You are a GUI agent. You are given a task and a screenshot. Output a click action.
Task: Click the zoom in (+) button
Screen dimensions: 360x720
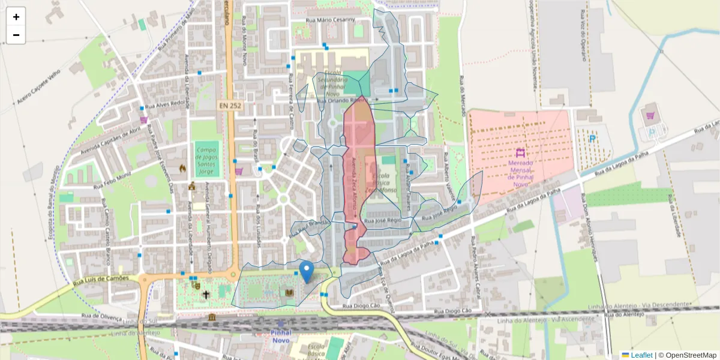[x=16, y=17]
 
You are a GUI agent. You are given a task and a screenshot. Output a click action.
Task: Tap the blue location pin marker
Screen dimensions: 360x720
[x=307, y=272]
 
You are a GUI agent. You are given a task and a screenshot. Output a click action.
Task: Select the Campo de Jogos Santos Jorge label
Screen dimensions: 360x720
[x=206, y=160]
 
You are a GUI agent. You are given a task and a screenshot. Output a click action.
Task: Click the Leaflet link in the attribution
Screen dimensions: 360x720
[x=641, y=355]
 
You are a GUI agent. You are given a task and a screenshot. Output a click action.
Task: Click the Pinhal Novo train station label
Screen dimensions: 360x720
[x=280, y=336]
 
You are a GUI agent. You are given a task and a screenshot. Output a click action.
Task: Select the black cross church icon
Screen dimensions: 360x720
[x=206, y=295]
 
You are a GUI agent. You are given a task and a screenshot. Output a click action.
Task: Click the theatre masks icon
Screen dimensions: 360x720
[x=196, y=286]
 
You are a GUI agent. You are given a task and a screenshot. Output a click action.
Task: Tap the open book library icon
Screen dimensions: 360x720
[x=289, y=292]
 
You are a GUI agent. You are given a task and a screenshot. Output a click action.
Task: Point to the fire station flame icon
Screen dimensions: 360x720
[x=182, y=169]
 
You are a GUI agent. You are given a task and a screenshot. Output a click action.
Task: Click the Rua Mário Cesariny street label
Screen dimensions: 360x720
[x=331, y=20]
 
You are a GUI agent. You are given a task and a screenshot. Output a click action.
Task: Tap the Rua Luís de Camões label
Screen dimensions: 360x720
[x=99, y=279]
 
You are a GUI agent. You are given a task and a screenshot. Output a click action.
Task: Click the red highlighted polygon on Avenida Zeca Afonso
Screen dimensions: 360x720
[x=359, y=174]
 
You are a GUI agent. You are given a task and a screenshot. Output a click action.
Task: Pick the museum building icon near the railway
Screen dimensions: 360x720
[x=212, y=317]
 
